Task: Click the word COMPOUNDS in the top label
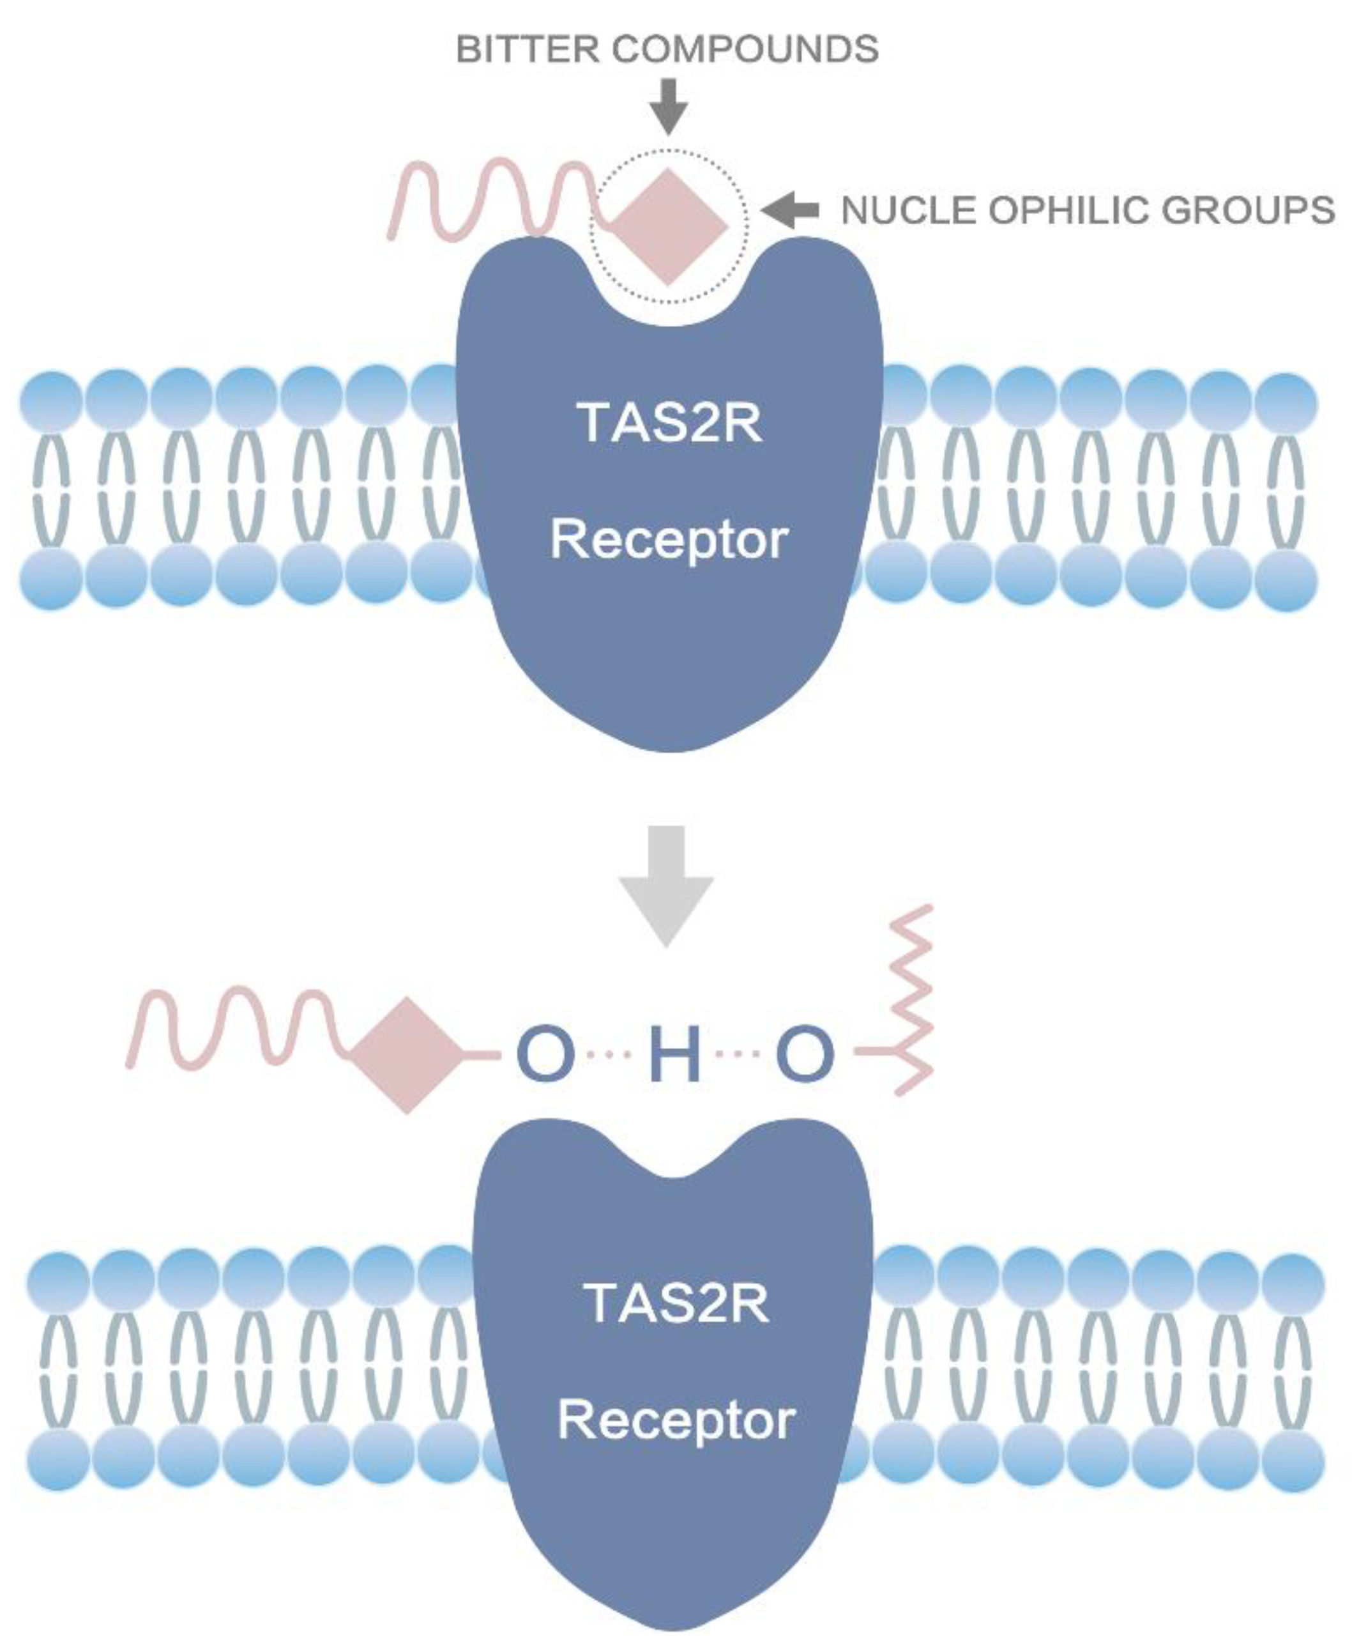745,50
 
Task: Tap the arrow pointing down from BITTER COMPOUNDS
668,106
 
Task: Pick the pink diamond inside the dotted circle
668,226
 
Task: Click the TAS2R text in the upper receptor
670,423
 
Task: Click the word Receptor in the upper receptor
670,540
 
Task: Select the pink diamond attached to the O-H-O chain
407,1055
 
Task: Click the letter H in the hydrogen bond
674,1055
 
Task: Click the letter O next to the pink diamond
545,1055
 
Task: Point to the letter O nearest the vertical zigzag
805,1055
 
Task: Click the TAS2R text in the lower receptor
676,1303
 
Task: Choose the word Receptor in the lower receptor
676,1420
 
